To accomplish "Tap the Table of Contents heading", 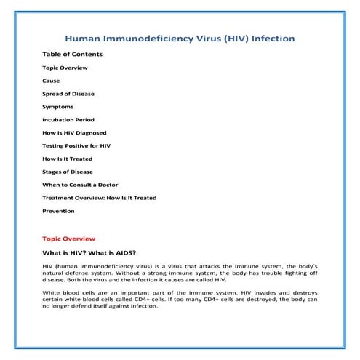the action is click(x=72, y=54).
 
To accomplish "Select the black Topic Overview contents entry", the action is click(x=65, y=68).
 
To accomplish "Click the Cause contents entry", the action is click(x=51, y=81).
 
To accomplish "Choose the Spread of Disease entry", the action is click(x=68, y=94).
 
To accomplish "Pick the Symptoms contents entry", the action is click(x=57, y=107).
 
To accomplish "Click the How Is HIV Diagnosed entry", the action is click(x=74, y=133).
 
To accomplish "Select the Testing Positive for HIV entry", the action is click(x=76, y=145).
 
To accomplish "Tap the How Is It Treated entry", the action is click(x=67, y=159).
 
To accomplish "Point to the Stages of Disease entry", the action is click(x=68, y=172).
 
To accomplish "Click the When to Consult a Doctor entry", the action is click(x=80, y=185).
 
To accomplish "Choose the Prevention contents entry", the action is click(x=58, y=211).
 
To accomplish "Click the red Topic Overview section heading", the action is click(x=68, y=239).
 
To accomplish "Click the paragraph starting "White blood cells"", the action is click(x=180, y=299).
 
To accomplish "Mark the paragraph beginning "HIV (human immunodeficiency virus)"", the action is click(x=180, y=273).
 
